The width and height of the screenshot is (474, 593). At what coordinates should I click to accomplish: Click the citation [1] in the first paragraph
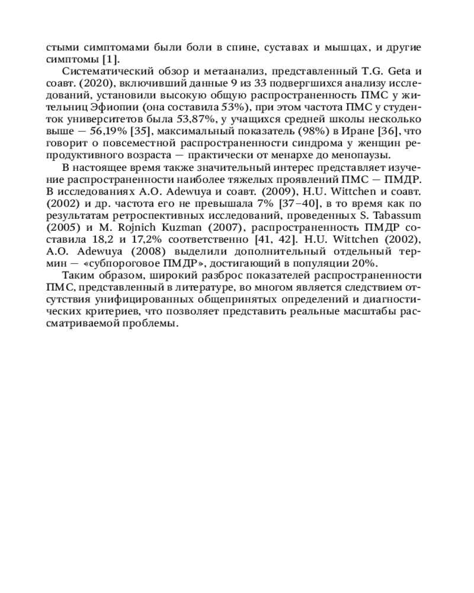click(x=110, y=59)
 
